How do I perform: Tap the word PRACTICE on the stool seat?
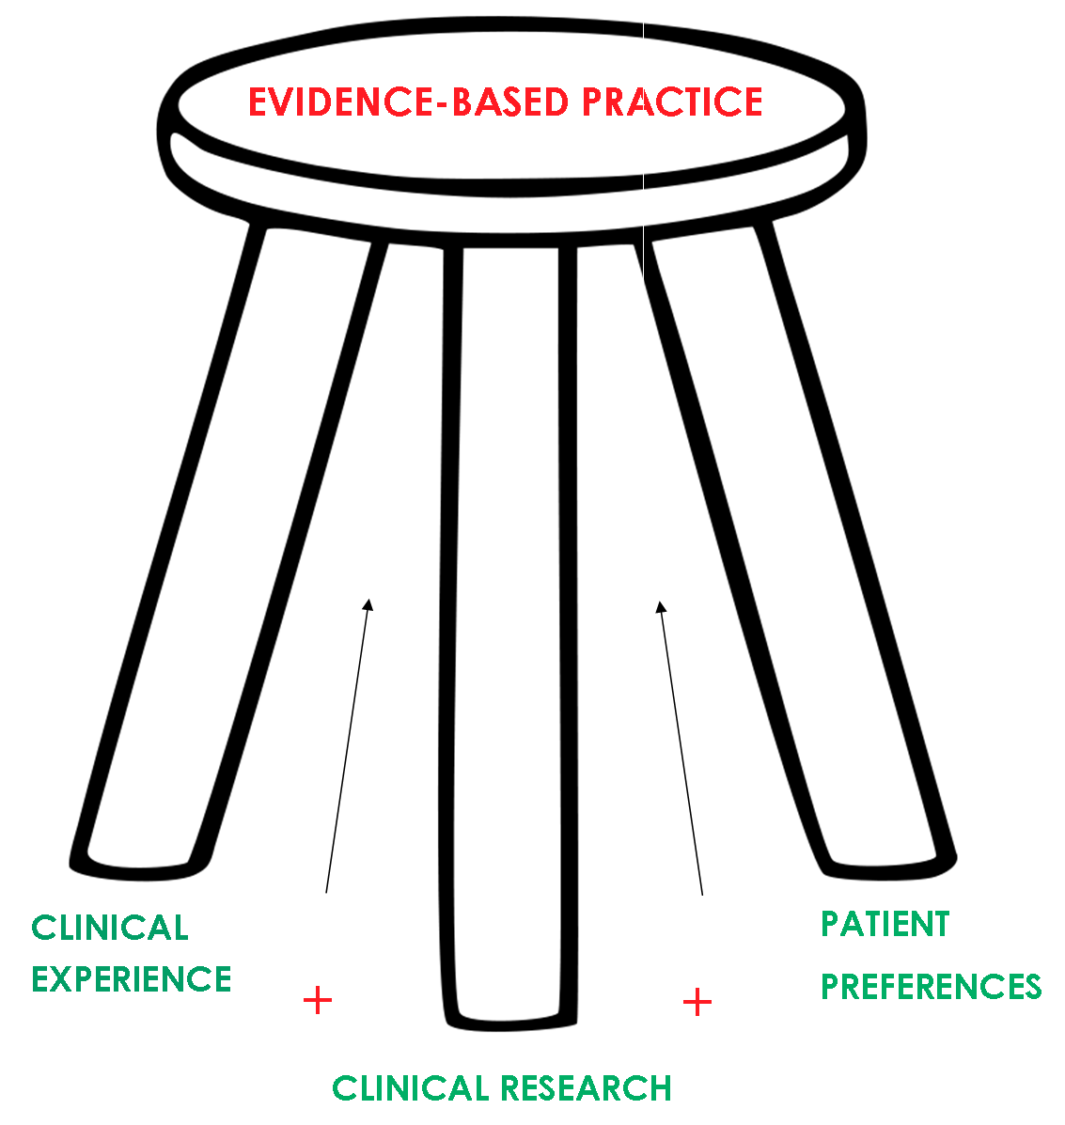(x=672, y=102)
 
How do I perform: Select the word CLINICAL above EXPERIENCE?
(x=110, y=929)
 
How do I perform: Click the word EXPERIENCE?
(x=132, y=979)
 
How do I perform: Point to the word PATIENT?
(x=885, y=925)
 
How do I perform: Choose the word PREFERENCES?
(x=932, y=987)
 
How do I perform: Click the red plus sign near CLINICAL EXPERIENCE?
(x=318, y=1000)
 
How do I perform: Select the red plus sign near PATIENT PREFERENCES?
(x=697, y=1003)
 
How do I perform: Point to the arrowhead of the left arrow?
(x=369, y=604)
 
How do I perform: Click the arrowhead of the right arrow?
(x=661, y=607)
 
